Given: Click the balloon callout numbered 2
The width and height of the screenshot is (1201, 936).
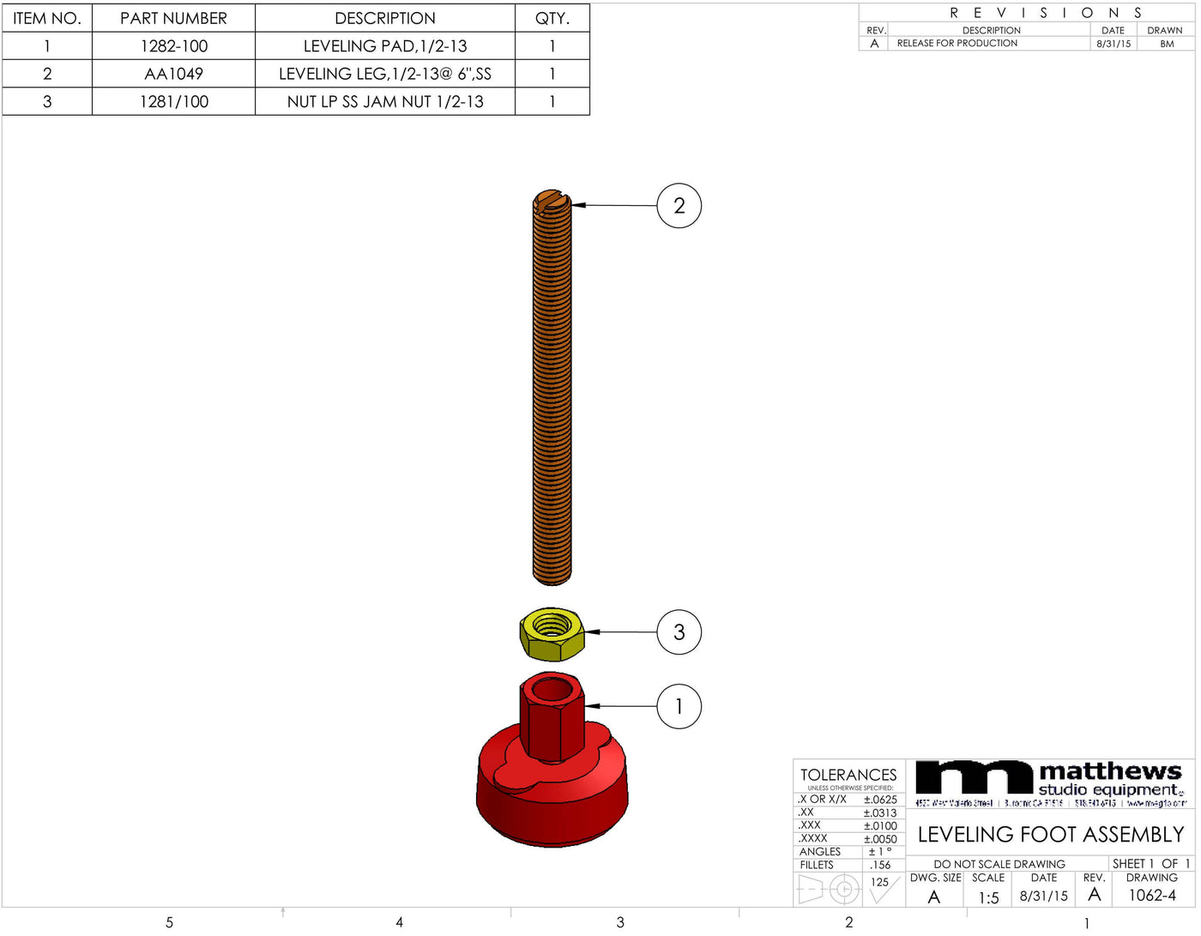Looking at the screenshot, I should tap(679, 206).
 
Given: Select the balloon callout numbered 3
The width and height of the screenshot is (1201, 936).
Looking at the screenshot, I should tap(679, 632).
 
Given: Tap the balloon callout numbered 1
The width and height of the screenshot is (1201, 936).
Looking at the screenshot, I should tap(679, 706).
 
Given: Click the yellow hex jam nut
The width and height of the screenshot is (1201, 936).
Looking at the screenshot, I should tap(552, 635).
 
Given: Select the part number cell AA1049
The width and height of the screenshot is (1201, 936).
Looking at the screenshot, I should tap(173, 74).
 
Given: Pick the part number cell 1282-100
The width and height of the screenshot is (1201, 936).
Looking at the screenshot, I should tap(173, 46).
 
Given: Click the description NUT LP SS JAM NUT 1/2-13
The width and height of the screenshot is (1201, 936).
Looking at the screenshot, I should tap(385, 101).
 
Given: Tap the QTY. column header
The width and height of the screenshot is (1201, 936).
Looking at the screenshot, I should tap(552, 18).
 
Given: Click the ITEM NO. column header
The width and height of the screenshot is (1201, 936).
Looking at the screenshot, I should tap(47, 18).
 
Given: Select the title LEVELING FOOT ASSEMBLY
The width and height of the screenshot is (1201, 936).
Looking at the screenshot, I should tap(1050, 835).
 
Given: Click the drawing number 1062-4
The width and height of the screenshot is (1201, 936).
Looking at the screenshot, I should tap(1152, 896).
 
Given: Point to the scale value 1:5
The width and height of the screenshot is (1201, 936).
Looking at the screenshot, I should tap(988, 897).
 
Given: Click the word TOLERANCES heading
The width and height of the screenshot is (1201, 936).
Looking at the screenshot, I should tap(848, 775).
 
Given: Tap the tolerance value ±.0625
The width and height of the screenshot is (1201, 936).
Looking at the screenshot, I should tap(880, 799).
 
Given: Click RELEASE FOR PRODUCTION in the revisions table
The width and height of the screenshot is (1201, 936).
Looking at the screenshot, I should tap(957, 43).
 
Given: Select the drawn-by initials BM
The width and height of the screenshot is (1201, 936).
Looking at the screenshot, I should tap(1167, 44).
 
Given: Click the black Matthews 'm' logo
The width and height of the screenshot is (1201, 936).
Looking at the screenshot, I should tap(974, 777).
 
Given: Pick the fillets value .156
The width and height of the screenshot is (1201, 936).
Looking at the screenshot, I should tap(880, 865).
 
